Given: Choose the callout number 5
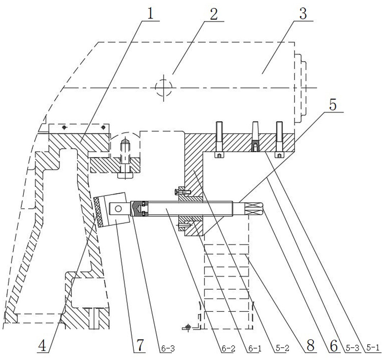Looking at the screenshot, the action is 333,105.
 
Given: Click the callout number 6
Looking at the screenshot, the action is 333,346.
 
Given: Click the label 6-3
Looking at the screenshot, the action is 168,348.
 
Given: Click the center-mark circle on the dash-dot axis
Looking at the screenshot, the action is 164,88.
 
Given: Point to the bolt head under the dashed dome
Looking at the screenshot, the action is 125,176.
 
